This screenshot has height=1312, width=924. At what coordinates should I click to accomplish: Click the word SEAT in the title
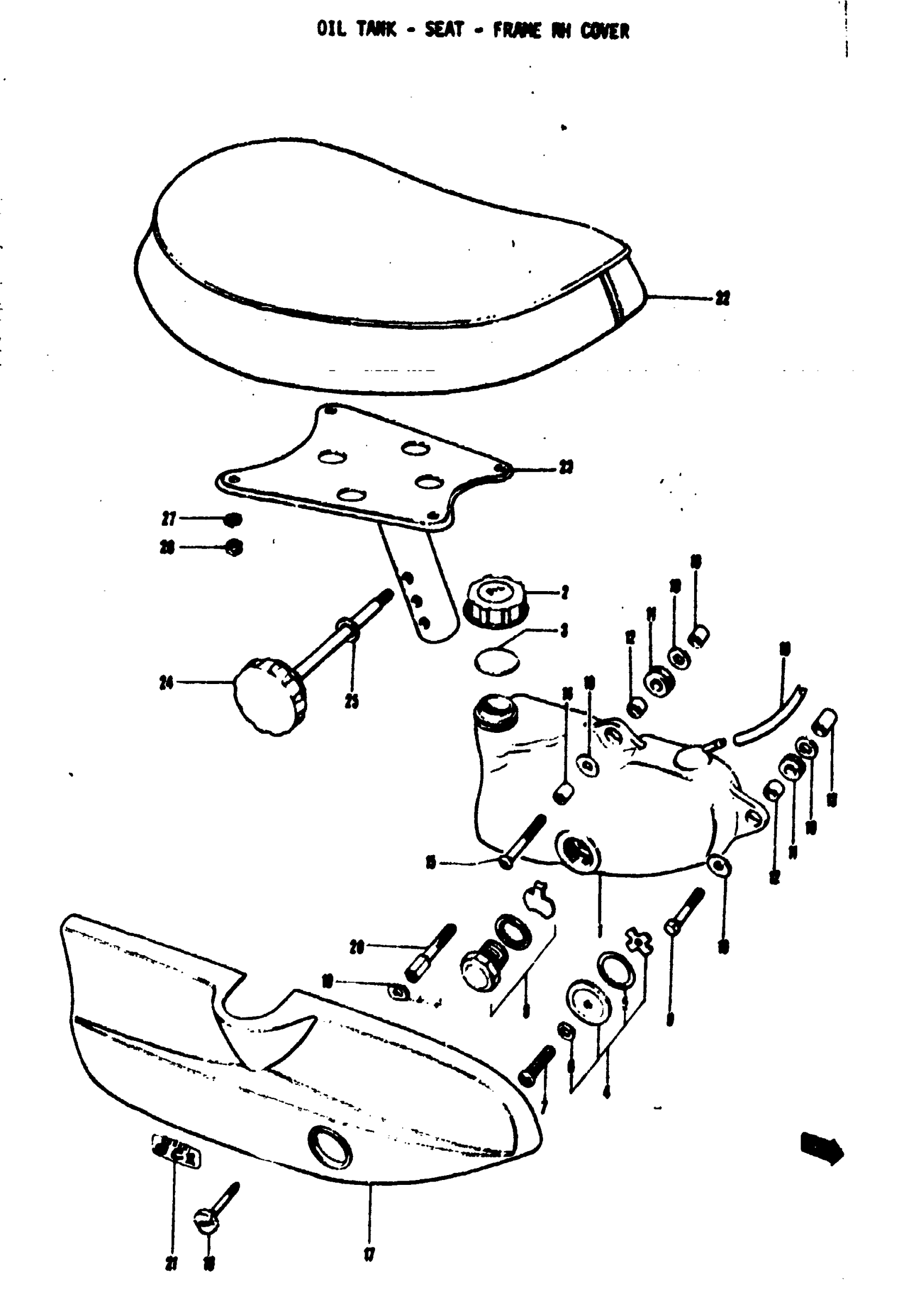click(x=444, y=29)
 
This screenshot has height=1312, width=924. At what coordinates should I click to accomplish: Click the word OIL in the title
click(x=332, y=29)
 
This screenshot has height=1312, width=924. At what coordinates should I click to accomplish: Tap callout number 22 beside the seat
click(x=723, y=298)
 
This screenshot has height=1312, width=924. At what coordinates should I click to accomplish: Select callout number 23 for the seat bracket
click(x=565, y=467)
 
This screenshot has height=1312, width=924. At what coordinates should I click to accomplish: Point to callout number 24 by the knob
click(x=166, y=682)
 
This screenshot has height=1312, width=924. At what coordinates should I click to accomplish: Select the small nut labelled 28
click(x=233, y=548)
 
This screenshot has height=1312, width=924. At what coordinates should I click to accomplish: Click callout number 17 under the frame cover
click(x=370, y=1254)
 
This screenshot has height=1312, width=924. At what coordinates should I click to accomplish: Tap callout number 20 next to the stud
click(x=356, y=948)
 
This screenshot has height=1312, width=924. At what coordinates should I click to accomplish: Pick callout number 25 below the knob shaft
click(x=352, y=702)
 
